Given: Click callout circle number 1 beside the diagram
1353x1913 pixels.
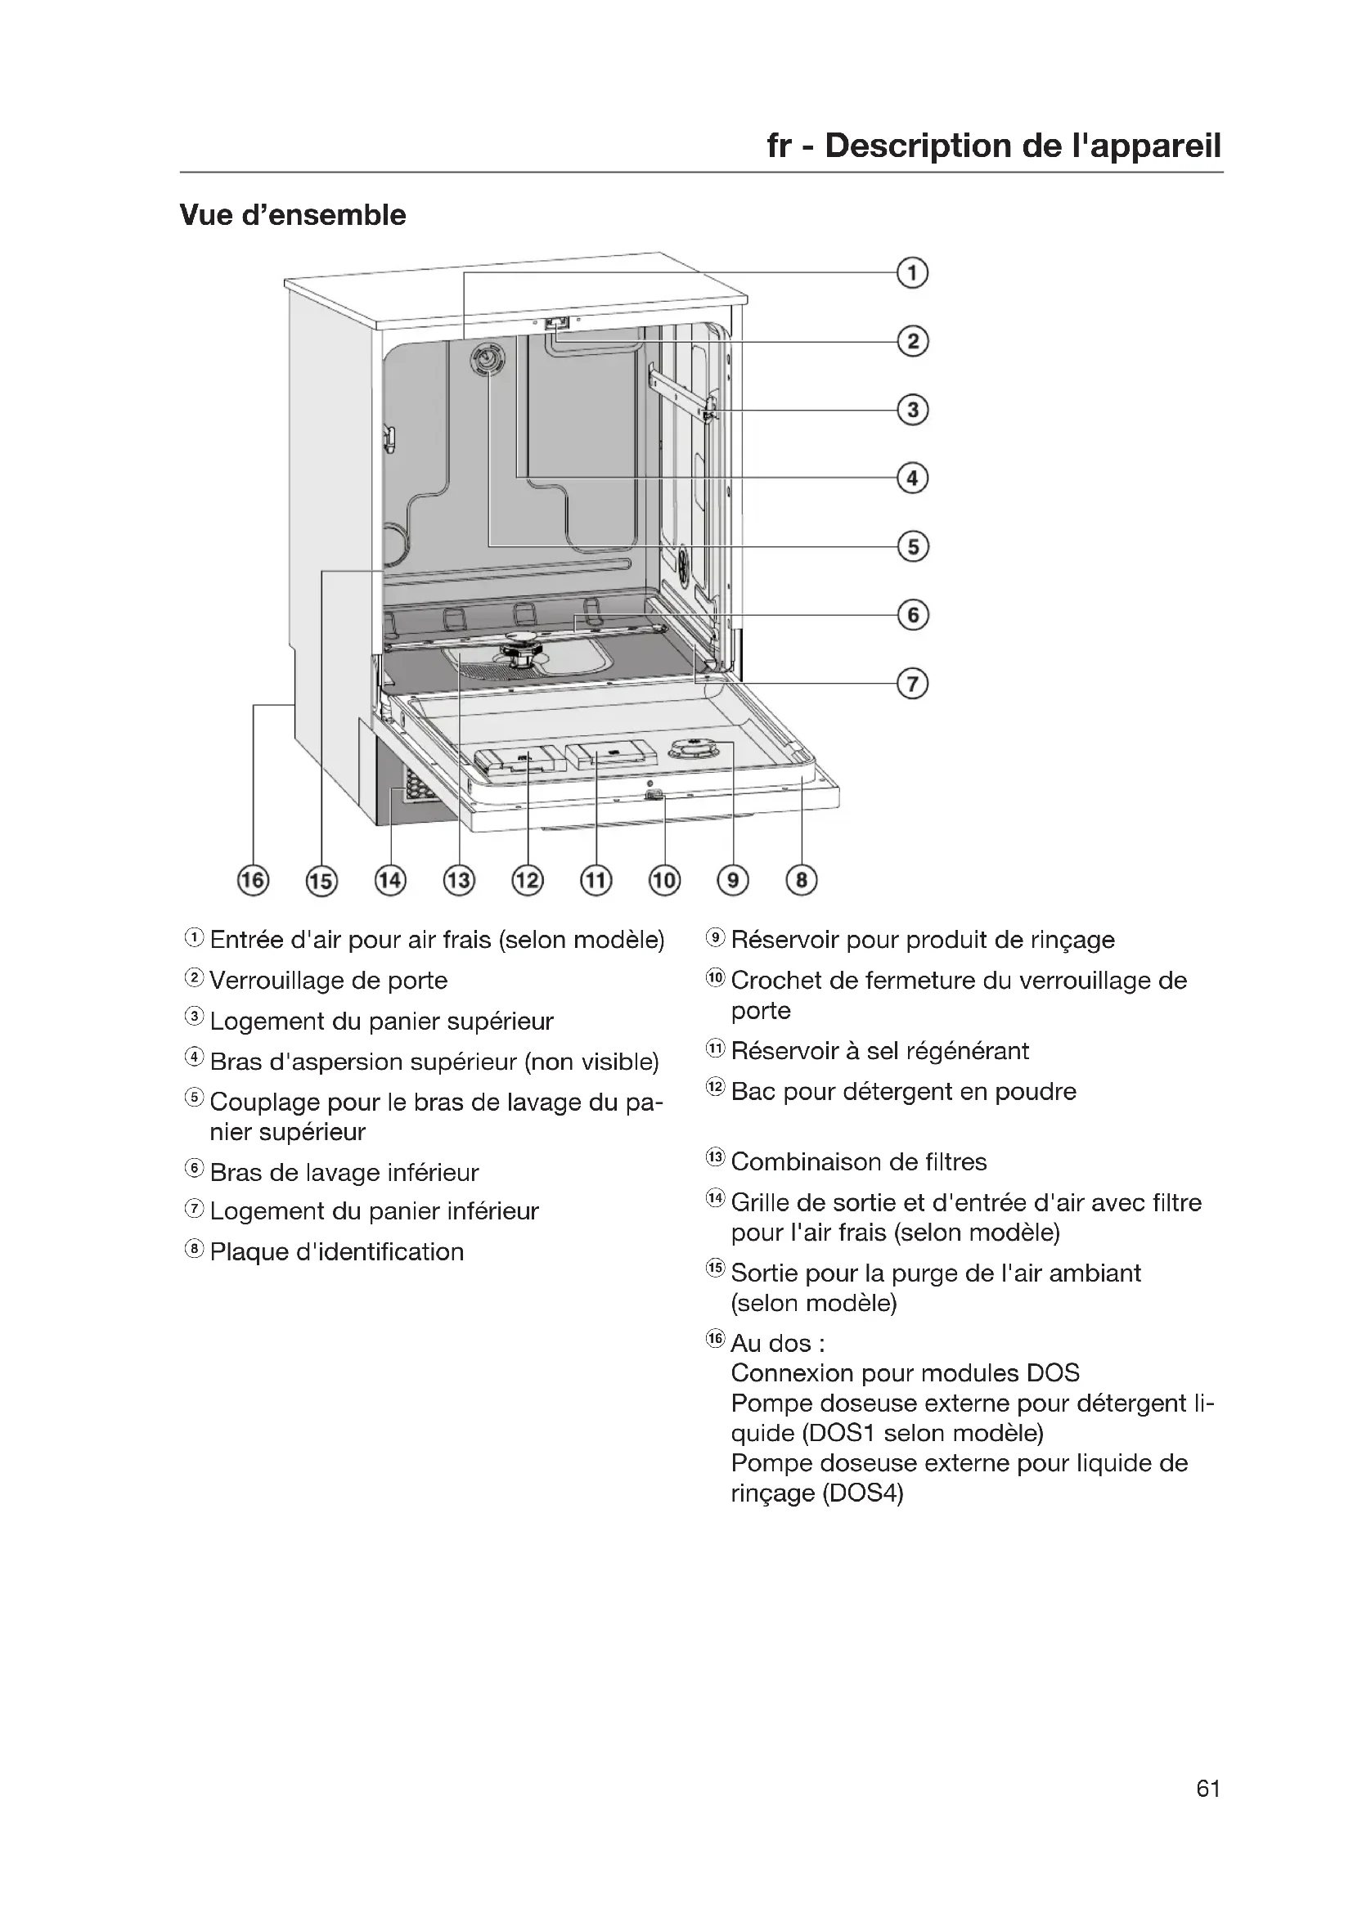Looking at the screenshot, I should click(912, 273).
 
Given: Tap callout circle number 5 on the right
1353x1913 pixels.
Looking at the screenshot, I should click(912, 546).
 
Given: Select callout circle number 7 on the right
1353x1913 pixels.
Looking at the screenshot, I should click(912, 684).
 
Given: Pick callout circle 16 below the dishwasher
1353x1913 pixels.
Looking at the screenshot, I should click(254, 881).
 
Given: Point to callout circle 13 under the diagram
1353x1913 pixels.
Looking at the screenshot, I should click(459, 881).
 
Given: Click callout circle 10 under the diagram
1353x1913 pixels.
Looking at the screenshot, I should click(665, 881).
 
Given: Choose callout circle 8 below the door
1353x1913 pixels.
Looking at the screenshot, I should click(802, 881).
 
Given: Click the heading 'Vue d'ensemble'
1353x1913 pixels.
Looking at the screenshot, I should click(292, 215).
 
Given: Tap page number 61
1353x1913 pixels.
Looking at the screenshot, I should click(1208, 1789).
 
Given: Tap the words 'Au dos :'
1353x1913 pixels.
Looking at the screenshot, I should click(777, 1344).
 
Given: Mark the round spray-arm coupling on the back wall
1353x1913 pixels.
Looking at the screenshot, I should click(488, 360).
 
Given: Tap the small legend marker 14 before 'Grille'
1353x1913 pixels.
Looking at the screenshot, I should click(716, 1200).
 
